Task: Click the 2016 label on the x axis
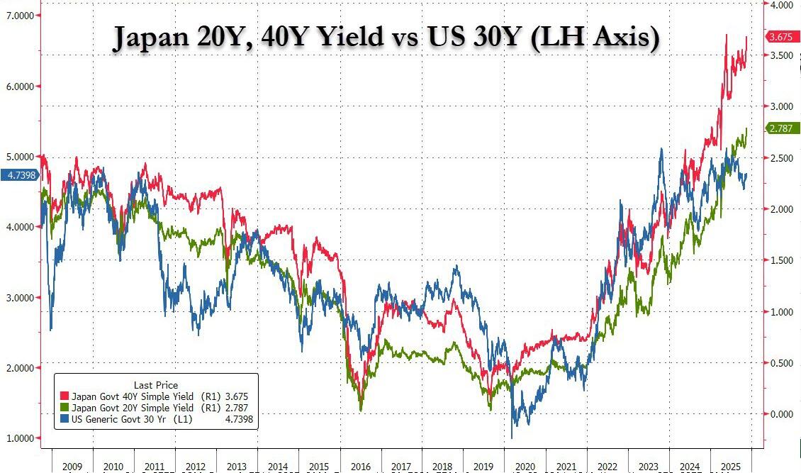pyautogui.click(x=362, y=467)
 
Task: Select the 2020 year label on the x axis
pyautogui.click(x=526, y=467)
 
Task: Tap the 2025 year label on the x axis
pyautogui.click(x=730, y=467)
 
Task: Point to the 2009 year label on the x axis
pyautogui.click(x=73, y=467)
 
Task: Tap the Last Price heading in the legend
pyautogui.click(x=156, y=385)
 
